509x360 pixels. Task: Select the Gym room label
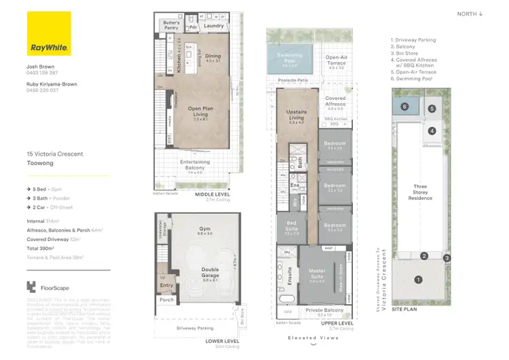tap(204, 230)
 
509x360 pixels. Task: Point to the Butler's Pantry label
tap(171, 25)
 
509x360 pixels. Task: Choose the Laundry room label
tap(214, 26)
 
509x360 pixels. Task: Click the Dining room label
tap(213, 58)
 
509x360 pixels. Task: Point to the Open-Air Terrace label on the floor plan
tap(336, 59)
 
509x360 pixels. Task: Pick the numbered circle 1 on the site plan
tap(419, 279)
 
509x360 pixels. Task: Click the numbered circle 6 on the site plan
tap(404, 107)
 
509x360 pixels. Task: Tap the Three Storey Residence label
tap(420, 192)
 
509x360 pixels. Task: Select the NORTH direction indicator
tap(470, 14)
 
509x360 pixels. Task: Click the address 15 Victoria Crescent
tap(55, 154)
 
